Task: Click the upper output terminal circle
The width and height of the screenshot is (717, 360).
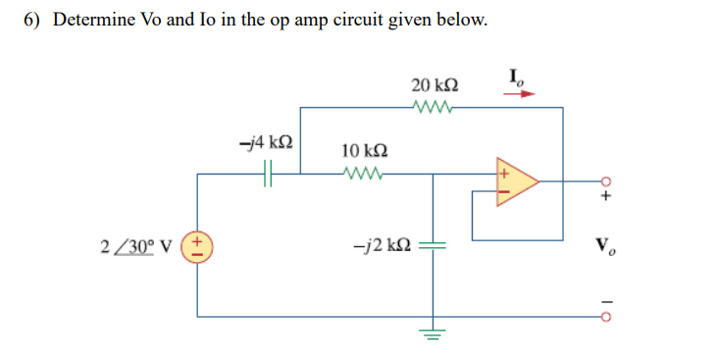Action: coord(605,181)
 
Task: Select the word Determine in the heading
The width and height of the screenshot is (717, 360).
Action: coord(93,21)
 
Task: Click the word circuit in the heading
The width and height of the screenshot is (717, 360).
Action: coord(379,21)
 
